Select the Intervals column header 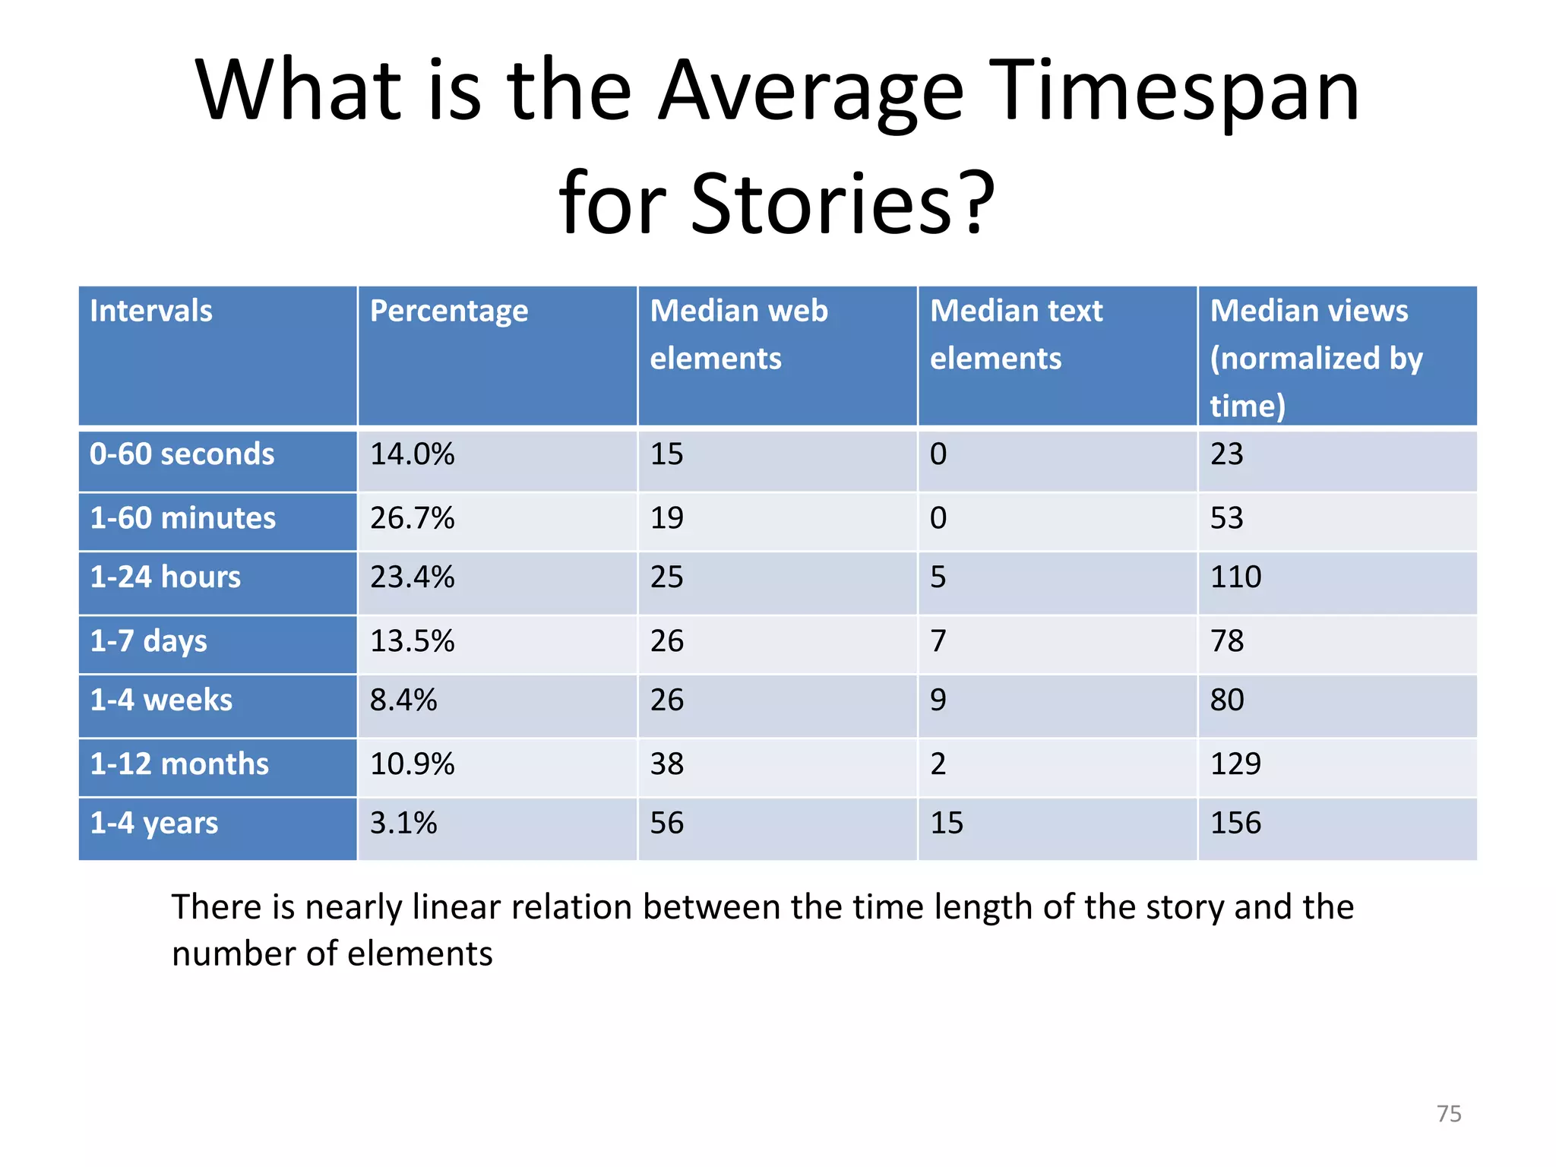point(151,311)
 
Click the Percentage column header point(448,311)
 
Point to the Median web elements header point(738,334)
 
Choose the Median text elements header point(1016,334)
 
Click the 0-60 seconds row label point(182,454)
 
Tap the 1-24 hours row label point(166,577)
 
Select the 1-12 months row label point(179,764)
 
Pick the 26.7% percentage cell point(413,518)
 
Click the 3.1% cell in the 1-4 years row point(403,823)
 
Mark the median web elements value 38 point(667,764)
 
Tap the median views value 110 point(1235,577)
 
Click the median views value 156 point(1235,823)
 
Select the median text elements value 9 point(938,700)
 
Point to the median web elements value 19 point(667,518)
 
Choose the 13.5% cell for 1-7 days point(413,641)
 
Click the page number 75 point(1449,1114)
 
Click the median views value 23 point(1226,454)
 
